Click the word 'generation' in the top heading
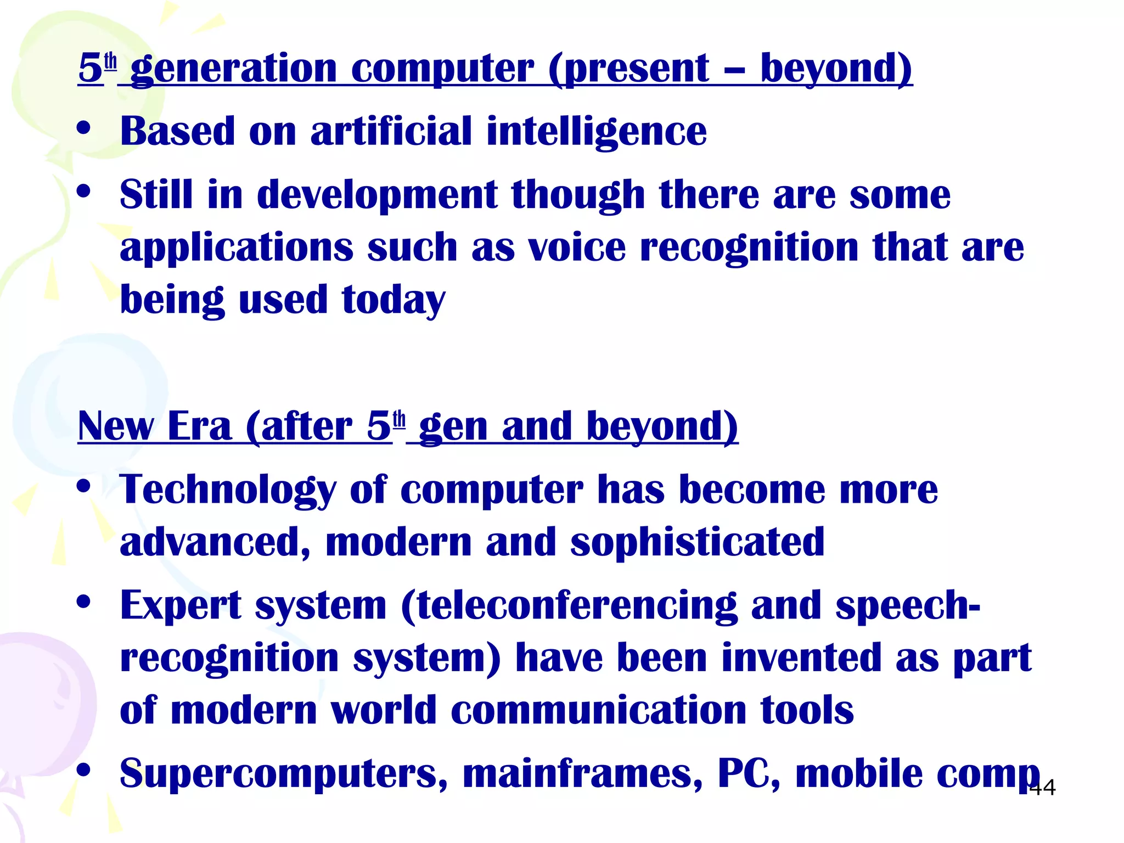(x=234, y=69)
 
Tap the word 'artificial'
(x=391, y=132)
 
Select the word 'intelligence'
(x=597, y=133)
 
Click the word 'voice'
(x=577, y=248)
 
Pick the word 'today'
(x=394, y=301)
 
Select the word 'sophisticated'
(x=697, y=542)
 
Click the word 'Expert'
(x=181, y=605)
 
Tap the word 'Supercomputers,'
(x=284, y=774)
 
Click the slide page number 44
(x=1042, y=788)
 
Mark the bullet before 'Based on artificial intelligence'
(x=83, y=129)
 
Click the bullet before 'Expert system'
(x=83, y=602)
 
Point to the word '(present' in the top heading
(x=629, y=69)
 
